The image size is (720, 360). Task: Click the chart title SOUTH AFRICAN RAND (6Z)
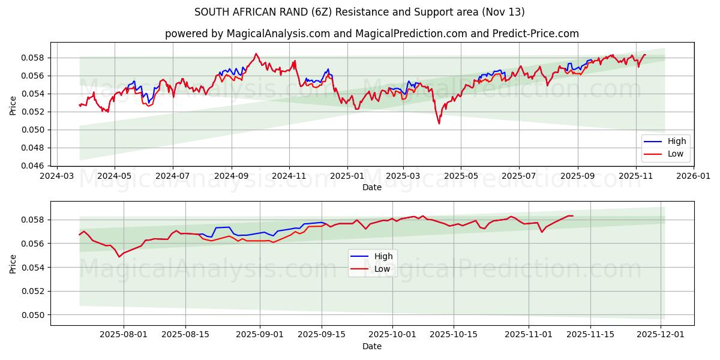[359, 12]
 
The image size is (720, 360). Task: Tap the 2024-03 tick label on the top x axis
[57, 176]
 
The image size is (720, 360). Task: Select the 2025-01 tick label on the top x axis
[347, 176]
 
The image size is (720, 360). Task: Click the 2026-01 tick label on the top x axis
[694, 176]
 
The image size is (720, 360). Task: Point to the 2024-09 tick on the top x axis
[231, 176]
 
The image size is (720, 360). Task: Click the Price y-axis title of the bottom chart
[13, 263]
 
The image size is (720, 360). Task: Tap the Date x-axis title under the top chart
[371, 187]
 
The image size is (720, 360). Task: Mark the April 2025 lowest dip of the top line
[439, 124]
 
